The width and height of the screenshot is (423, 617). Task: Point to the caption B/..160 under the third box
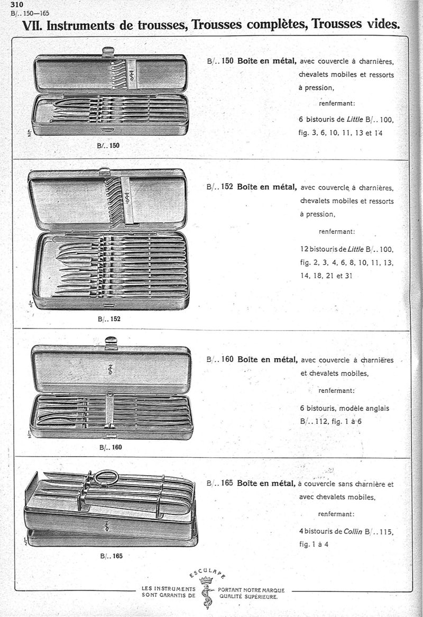[111, 447]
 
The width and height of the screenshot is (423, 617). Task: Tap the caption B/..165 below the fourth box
[111, 556]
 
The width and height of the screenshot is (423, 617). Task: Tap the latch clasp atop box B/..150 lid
[108, 51]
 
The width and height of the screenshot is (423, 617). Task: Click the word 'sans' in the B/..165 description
[346, 484]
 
